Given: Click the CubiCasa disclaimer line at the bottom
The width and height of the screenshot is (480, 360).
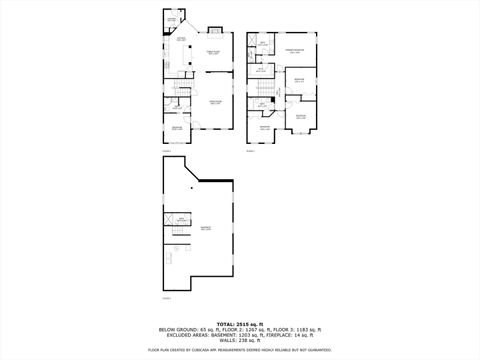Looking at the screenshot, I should [240, 350].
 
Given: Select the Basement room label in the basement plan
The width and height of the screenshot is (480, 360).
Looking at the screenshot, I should [206, 228].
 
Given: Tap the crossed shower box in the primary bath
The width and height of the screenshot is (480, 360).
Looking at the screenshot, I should [253, 42].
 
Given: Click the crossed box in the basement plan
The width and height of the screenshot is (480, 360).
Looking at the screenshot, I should [183, 219].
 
